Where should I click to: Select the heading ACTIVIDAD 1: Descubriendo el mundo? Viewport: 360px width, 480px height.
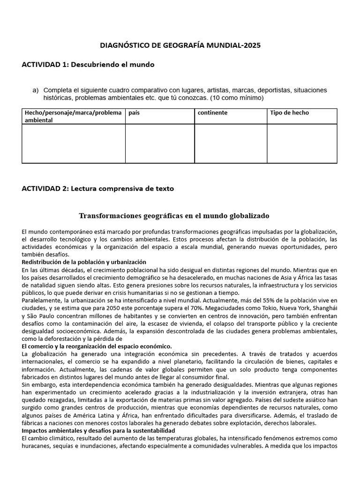point(88,64)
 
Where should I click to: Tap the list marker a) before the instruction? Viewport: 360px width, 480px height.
point(35,90)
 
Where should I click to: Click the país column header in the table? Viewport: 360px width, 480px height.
point(134,113)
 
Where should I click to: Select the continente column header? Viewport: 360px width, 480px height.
point(212,113)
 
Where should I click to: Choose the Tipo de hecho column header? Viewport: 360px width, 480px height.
point(289,113)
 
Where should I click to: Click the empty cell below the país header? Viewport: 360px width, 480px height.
point(160,143)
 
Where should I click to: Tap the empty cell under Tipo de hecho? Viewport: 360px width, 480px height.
point(302,143)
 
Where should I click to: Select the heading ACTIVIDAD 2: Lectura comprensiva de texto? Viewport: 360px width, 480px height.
point(97,188)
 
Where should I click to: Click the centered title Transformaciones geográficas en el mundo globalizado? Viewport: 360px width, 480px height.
point(174,216)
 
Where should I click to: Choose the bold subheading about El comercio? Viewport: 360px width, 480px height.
point(97,346)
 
